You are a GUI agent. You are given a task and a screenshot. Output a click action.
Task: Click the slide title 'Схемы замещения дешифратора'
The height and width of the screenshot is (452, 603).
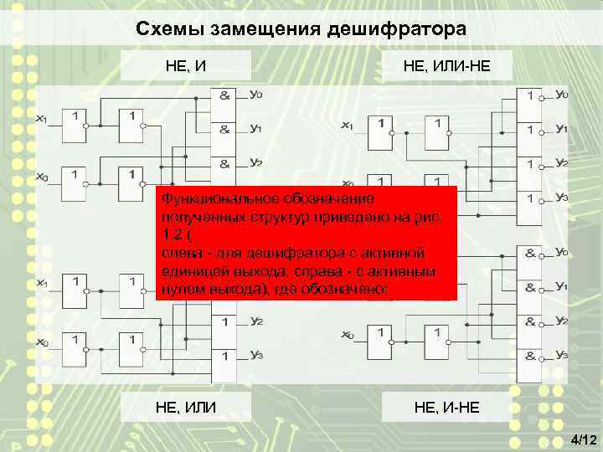coord(301,29)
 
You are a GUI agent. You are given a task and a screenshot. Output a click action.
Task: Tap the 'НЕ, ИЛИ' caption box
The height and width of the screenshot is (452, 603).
coord(186,407)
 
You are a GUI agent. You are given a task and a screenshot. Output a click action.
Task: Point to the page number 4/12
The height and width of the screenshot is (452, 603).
coord(583,439)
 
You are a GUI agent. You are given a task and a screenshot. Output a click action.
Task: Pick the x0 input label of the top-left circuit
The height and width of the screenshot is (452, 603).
coord(41,177)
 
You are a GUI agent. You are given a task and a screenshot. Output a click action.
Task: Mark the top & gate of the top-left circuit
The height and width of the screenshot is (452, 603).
coord(225,96)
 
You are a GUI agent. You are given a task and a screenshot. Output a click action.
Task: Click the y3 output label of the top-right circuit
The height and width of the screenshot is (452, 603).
coord(562,198)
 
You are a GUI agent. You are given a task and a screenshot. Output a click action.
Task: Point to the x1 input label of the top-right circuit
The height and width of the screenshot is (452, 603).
coord(347,126)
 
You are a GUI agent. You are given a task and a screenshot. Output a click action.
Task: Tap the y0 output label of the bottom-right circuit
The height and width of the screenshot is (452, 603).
coord(562,253)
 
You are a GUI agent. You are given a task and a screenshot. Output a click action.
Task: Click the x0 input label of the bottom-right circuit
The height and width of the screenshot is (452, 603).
coord(347,335)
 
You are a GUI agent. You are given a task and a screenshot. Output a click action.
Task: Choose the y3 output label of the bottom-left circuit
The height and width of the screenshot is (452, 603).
coord(256,356)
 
